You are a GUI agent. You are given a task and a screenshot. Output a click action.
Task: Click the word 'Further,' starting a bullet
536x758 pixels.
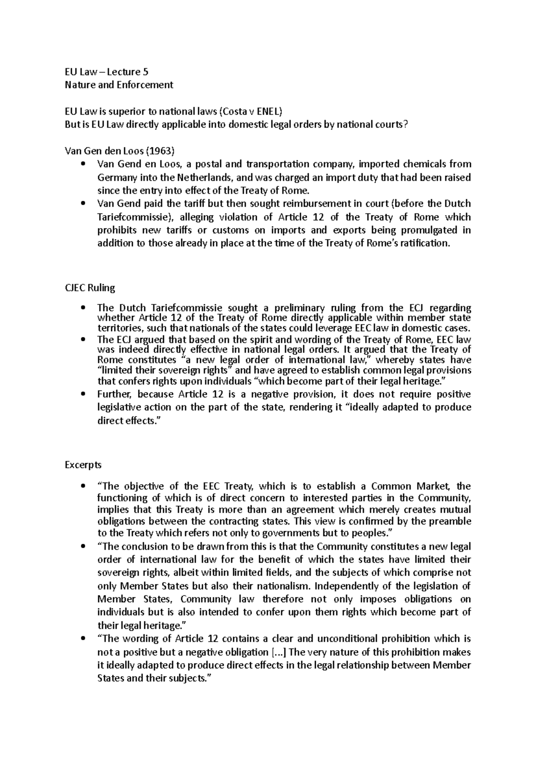(114, 394)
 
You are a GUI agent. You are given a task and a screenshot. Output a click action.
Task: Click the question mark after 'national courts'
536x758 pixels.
(405, 124)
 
